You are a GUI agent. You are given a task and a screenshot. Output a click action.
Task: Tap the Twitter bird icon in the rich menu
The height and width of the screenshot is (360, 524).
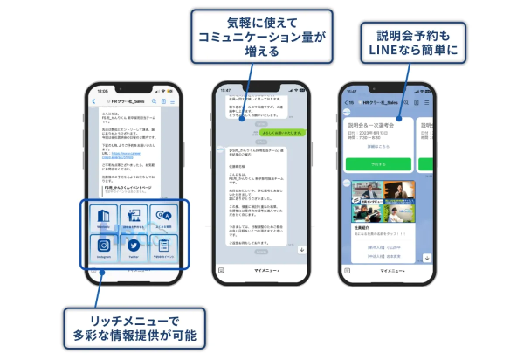tap(130, 246)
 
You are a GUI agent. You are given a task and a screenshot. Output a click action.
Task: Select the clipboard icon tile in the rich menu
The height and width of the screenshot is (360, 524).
tap(162, 246)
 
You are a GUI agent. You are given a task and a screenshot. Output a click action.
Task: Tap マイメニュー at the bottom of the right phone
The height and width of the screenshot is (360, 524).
tap(391, 271)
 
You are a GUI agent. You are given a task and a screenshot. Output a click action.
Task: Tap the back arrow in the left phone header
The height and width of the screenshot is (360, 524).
tap(93, 101)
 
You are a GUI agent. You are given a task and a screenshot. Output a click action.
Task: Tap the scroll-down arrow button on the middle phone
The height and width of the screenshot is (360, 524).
tap(301, 249)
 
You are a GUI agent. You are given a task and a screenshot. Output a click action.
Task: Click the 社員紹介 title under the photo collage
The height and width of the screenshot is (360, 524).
tap(359, 224)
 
